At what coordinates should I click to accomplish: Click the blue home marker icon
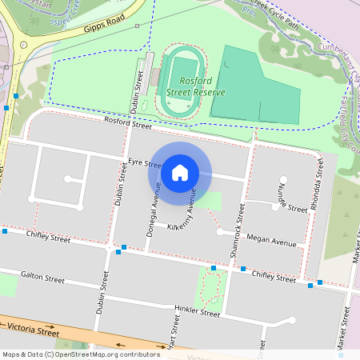pyautogui.click(x=180, y=172)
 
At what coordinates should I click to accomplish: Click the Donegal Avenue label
pyautogui.click(x=153, y=203)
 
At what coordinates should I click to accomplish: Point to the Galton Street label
pyautogui.click(x=43, y=278)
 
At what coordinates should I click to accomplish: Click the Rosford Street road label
pyautogui.click(x=128, y=124)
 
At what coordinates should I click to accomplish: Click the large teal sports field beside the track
pyautogui.click(x=256, y=88)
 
